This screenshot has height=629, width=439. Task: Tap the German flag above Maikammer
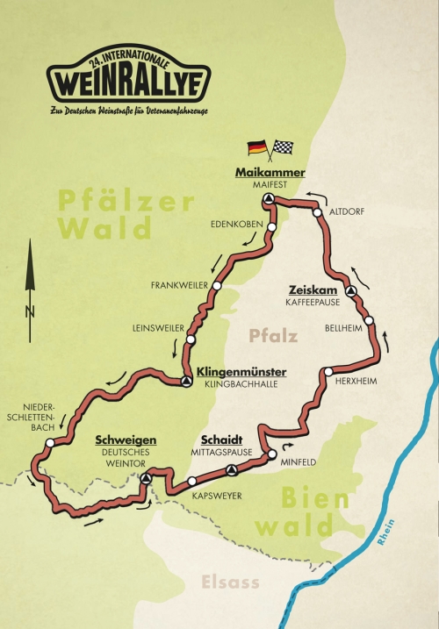[x=256, y=147]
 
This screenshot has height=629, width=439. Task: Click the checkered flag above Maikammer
[x=283, y=147]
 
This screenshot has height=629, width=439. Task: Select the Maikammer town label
[x=270, y=173]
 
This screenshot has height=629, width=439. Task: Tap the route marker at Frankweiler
[x=217, y=285]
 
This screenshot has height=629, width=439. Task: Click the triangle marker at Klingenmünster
[x=186, y=382]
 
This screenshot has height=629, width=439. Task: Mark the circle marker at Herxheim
[x=327, y=372]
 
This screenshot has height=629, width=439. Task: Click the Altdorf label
[x=345, y=212]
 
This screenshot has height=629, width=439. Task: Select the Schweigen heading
[x=125, y=439]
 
